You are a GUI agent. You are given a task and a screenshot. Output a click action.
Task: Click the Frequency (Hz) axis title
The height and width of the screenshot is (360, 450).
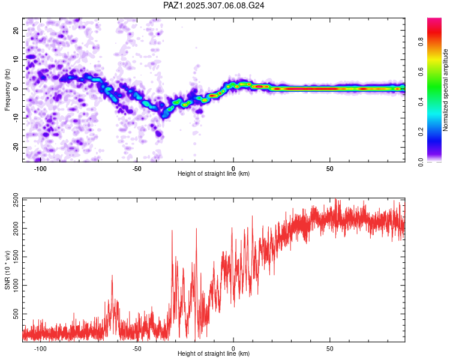point(7,90)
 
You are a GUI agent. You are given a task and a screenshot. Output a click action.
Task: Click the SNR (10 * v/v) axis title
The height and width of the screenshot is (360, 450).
point(7,270)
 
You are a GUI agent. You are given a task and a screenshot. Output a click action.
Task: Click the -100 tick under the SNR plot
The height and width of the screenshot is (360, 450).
point(41,348)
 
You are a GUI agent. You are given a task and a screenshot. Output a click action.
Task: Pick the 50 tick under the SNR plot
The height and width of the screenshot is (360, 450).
point(330,348)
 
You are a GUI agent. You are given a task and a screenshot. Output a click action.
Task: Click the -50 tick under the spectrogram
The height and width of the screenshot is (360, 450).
point(137,168)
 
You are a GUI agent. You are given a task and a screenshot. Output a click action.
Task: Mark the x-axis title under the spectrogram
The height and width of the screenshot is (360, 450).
point(214,174)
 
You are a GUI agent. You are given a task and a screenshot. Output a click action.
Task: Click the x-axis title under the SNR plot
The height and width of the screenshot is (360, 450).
point(214,354)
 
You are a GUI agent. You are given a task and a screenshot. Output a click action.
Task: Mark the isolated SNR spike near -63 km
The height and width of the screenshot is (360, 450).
point(112,277)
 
